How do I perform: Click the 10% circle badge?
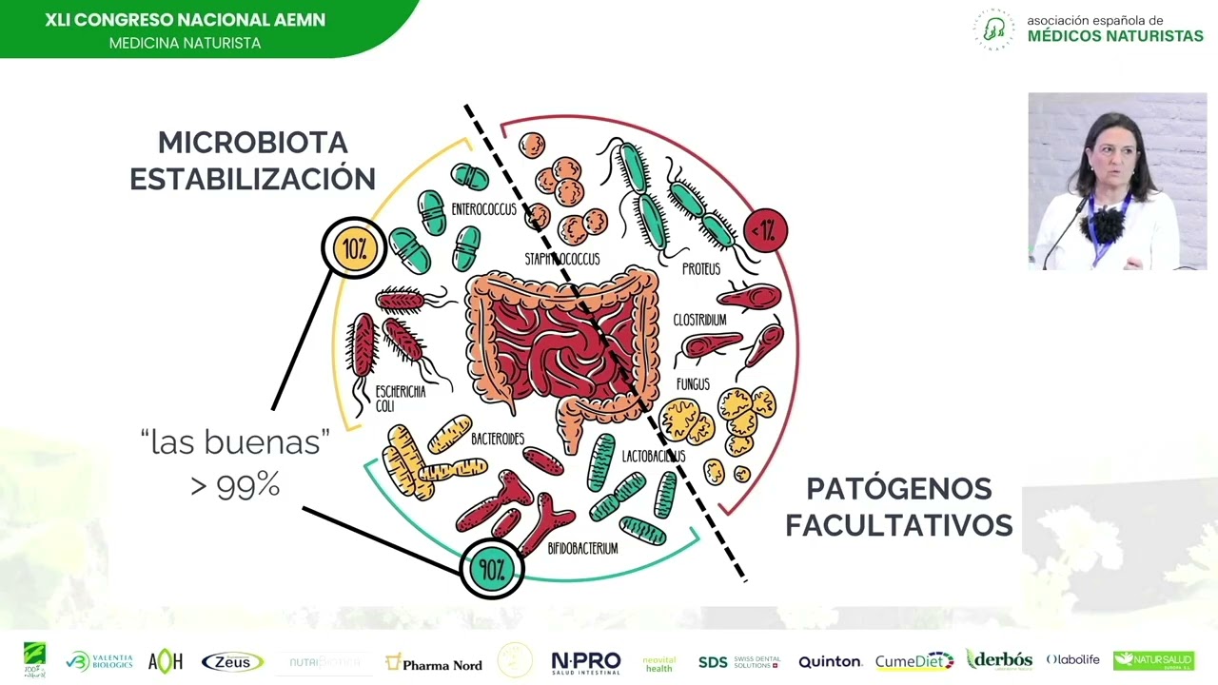pos(354,248)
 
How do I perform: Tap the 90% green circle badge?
pos(491,569)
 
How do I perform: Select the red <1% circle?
pos(766,230)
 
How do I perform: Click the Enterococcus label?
pos(483,209)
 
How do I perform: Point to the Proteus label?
pos(701,269)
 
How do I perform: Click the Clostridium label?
pos(699,321)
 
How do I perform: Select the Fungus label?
pos(693,384)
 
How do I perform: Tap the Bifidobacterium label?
pos(582,548)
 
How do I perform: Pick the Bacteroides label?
pos(498,439)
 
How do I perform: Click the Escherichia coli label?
pos(400,399)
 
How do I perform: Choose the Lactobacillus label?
pos(653,457)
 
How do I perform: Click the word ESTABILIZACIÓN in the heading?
pos(252,179)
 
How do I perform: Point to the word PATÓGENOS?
pos(898,489)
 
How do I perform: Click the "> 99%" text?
pos(235,485)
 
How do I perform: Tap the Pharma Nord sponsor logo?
pos(434,663)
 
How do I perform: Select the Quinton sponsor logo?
pos(830,662)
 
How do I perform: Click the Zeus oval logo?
pos(232,662)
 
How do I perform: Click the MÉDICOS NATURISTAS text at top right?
pos(1115,36)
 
